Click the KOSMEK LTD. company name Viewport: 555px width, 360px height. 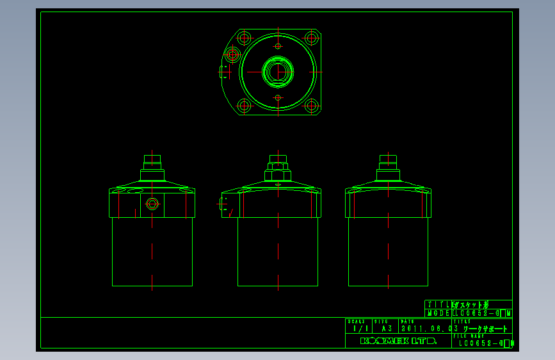coord(398,341)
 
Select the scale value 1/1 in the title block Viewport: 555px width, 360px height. coord(358,329)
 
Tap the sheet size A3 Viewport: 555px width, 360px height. coord(386,329)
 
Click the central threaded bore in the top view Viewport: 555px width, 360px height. coord(278,71)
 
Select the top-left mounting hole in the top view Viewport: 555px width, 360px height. coord(244,37)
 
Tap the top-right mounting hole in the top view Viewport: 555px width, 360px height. coord(312,37)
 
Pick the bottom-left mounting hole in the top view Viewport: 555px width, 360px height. coord(244,106)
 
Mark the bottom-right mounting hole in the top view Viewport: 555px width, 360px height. coord(312,106)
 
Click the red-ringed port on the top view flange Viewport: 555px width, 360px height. coord(232,54)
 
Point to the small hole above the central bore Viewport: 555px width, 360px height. coord(278,46)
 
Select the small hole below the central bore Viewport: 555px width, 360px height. coord(278,97)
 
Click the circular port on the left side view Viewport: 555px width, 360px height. coord(152,204)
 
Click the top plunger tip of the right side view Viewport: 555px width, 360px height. coord(389,159)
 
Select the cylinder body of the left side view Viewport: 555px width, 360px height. coord(152,252)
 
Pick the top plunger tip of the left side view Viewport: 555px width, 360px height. coord(152,159)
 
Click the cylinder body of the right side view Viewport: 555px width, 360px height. coord(389,252)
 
